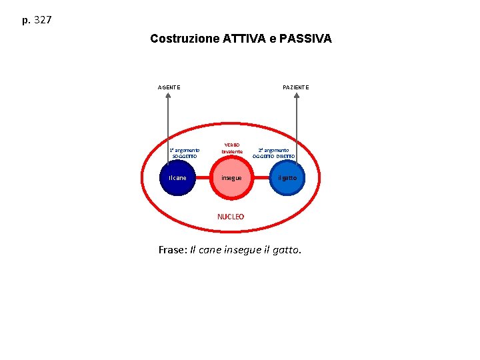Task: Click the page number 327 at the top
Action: (42, 20)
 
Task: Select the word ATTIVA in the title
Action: (244, 39)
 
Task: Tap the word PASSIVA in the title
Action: (306, 39)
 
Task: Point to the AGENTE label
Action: (168, 87)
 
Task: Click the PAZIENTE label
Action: (295, 87)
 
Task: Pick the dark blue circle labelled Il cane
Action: (178, 178)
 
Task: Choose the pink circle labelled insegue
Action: (232, 178)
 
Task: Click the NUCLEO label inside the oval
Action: (231, 217)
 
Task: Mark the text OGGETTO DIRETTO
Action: (273, 156)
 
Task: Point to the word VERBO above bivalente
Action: (232, 145)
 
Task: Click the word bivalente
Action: (232, 152)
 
